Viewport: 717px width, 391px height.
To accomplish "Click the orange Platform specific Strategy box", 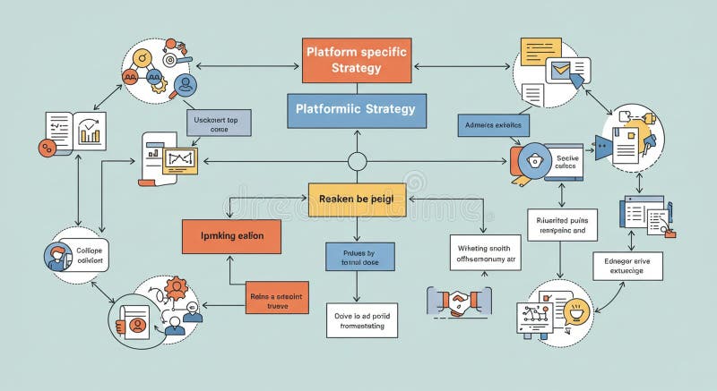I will (x=356, y=60).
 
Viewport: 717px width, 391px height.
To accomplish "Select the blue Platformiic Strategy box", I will (x=356, y=110).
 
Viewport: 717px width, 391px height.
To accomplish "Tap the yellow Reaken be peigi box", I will (x=357, y=200).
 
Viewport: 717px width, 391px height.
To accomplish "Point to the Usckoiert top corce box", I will (x=218, y=123).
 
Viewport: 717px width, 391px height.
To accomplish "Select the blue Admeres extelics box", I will (x=494, y=125).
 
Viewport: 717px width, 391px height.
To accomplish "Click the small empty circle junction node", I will (x=357, y=162).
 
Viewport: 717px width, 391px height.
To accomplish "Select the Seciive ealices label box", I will (x=566, y=161).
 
